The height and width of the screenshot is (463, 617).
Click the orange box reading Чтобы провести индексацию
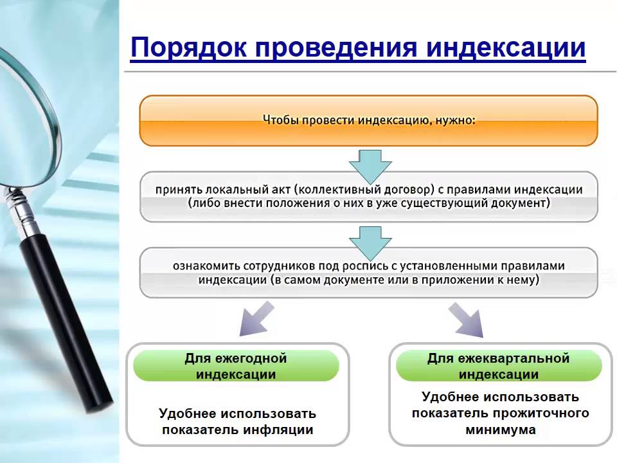point(369,120)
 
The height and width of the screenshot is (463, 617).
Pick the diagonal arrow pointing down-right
point(467,320)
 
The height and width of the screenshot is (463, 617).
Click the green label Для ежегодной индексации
point(236,367)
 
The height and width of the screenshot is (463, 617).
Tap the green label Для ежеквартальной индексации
point(499,367)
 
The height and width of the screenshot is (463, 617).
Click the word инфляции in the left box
point(283,430)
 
